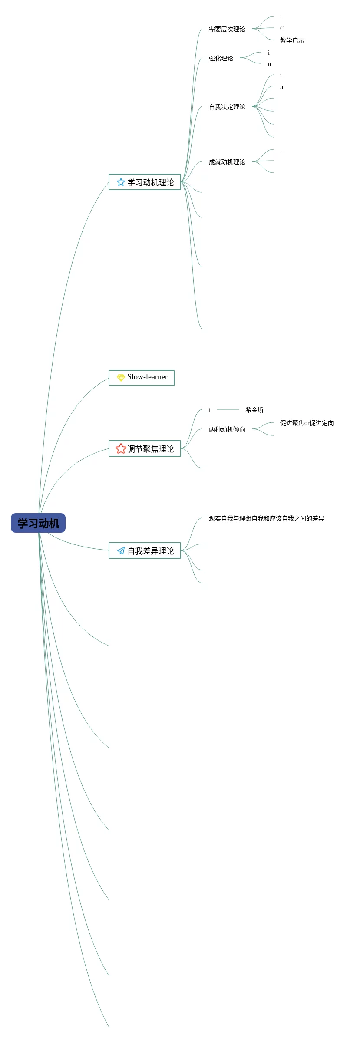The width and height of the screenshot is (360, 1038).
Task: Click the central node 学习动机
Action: point(38,523)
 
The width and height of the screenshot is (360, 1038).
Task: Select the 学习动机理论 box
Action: point(145,182)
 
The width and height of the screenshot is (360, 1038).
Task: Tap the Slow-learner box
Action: point(142,378)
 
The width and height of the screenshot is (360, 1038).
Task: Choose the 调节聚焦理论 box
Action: point(145,449)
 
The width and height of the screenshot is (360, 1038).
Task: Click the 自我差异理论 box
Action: point(145,551)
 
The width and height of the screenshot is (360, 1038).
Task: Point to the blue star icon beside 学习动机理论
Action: point(121,182)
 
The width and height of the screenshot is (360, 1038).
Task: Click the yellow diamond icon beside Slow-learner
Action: point(121,378)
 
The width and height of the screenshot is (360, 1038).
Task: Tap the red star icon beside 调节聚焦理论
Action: point(121,448)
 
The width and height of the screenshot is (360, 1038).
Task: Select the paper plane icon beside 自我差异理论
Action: point(121,551)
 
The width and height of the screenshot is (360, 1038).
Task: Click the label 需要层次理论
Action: point(227,29)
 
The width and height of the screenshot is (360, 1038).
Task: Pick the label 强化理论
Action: point(221,58)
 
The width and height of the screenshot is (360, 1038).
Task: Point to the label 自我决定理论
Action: point(227,107)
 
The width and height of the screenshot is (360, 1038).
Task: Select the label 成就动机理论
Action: point(227,162)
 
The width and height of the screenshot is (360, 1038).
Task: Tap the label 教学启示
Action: point(292,40)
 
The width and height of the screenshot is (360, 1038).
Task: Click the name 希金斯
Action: point(254,410)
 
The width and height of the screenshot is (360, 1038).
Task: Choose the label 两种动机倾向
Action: point(227,429)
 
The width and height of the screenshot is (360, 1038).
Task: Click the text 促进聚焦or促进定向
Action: point(307,423)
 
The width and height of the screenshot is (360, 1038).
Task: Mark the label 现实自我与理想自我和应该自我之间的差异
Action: point(266,518)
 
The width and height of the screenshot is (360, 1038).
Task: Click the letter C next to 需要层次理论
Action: point(282,28)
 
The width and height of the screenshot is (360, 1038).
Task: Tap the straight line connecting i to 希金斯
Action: point(228,409)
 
